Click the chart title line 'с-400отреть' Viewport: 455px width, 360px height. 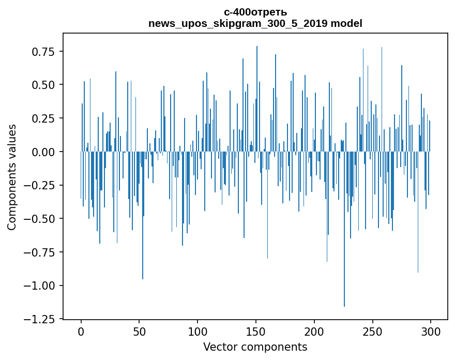[x=255, y=12]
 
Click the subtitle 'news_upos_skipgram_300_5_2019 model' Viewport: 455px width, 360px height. [x=255, y=23]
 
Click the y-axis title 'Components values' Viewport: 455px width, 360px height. [x=12, y=177]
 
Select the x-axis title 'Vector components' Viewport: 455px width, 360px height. [x=255, y=347]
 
